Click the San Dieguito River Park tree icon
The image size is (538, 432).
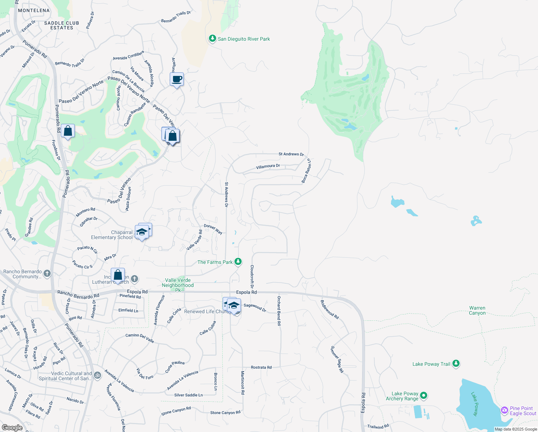click(x=213, y=39)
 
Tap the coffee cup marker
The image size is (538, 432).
click(x=177, y=79)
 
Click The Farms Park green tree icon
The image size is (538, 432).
click(x=238, y=262)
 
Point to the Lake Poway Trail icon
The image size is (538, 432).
click(x=456, y=364)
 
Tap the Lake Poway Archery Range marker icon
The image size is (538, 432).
click(x=424, y=396)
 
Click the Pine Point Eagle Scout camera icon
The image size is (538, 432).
click(x=505, y=410)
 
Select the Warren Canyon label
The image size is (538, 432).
click(x=477, y=311)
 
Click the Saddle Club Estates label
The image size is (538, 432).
click(x=61, y=25)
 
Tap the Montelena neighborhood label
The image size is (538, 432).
click(x=34, y=10)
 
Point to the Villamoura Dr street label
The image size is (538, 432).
click(x=268, y=167)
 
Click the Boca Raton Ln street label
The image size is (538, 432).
click(x=306, y=171)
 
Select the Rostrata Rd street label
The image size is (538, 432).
click(x=261, y=367)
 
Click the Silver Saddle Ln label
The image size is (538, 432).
click(x=188, y=395)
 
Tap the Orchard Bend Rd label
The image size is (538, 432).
click(x=279, y=311)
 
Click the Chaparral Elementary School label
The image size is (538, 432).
click(x=112, y=235)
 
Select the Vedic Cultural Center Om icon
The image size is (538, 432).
click(x=97, y=376)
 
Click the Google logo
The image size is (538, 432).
click(x=12, y=427)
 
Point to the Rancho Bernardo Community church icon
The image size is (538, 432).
click(x=47, y=274)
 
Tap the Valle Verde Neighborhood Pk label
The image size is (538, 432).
click(x=178, y=285)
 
